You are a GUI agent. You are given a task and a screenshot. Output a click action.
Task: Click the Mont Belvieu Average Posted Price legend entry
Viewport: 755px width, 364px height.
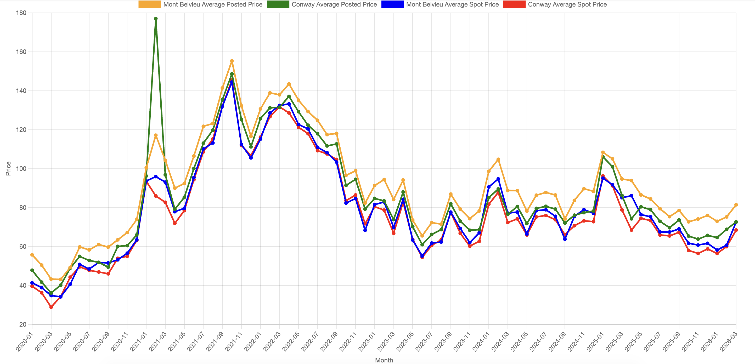tap(200, 4)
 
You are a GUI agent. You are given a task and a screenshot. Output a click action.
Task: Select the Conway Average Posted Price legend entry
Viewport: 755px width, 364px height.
tap(322, 4)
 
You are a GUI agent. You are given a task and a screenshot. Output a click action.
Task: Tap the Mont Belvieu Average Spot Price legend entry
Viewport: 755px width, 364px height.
tap(440, 4)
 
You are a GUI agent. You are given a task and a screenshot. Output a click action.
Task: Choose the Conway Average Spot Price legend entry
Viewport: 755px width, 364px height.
tap(555, 4)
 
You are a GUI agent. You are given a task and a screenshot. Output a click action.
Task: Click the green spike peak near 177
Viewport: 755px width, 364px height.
tap(156, 19)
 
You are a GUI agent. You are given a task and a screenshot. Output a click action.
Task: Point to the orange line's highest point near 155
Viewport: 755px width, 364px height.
tap(232, 61)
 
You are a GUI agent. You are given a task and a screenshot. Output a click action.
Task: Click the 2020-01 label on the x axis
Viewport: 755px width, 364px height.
tap(25, 342)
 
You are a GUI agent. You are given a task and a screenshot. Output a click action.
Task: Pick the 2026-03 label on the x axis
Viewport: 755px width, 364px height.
tap(729, 342)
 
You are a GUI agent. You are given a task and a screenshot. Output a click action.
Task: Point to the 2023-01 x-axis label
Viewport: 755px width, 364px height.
tap(367, 342)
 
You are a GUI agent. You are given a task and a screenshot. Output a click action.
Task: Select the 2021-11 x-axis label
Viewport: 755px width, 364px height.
tap(234, 342)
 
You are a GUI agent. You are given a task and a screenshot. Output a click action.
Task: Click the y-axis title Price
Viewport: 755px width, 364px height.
tap(8, 168)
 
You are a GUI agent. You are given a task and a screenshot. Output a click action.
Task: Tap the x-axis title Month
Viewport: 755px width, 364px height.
tap(384, 360)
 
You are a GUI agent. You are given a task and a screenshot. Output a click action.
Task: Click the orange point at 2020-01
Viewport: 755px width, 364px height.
tap(32, 255)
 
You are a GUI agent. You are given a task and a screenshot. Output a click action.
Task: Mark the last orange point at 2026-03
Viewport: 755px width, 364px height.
tap(736, 205)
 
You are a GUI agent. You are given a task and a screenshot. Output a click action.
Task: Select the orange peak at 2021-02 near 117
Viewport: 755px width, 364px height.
tap(156, 135)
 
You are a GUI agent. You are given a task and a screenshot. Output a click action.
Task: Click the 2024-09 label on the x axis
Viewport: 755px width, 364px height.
tap(557, 342)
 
